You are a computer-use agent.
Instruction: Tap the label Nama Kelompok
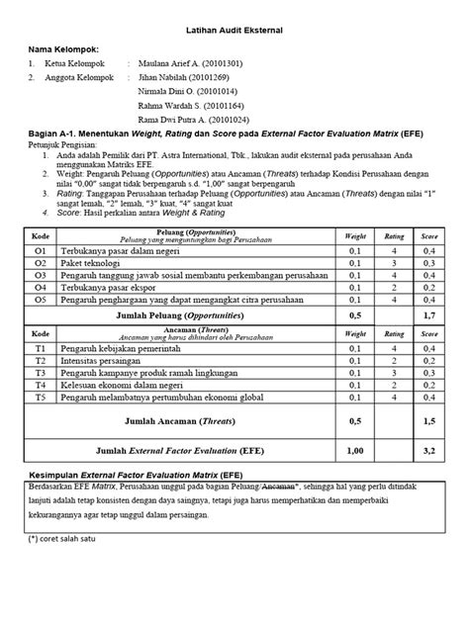click(63, 48)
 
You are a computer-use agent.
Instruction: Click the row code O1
click(41, 252)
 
